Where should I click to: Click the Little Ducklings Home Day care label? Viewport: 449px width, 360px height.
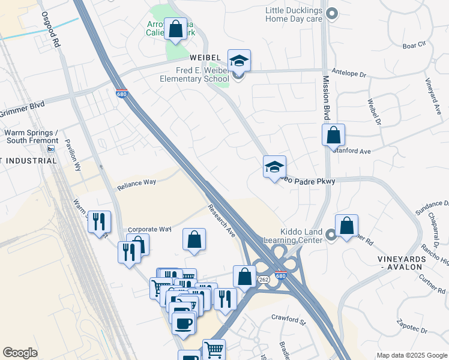click(x=294, y=14)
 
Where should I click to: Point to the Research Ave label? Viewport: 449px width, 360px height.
click(x=221, y=220)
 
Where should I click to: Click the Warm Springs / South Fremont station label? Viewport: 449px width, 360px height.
click(x=31, y=137)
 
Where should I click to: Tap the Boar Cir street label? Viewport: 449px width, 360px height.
click(x=414, y=45)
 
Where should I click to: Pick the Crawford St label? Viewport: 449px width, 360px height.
click(x=289, y=317)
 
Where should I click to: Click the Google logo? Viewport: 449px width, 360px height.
click(x=20, y=353)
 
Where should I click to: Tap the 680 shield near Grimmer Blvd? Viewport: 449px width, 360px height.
click(x=121, y=94)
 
